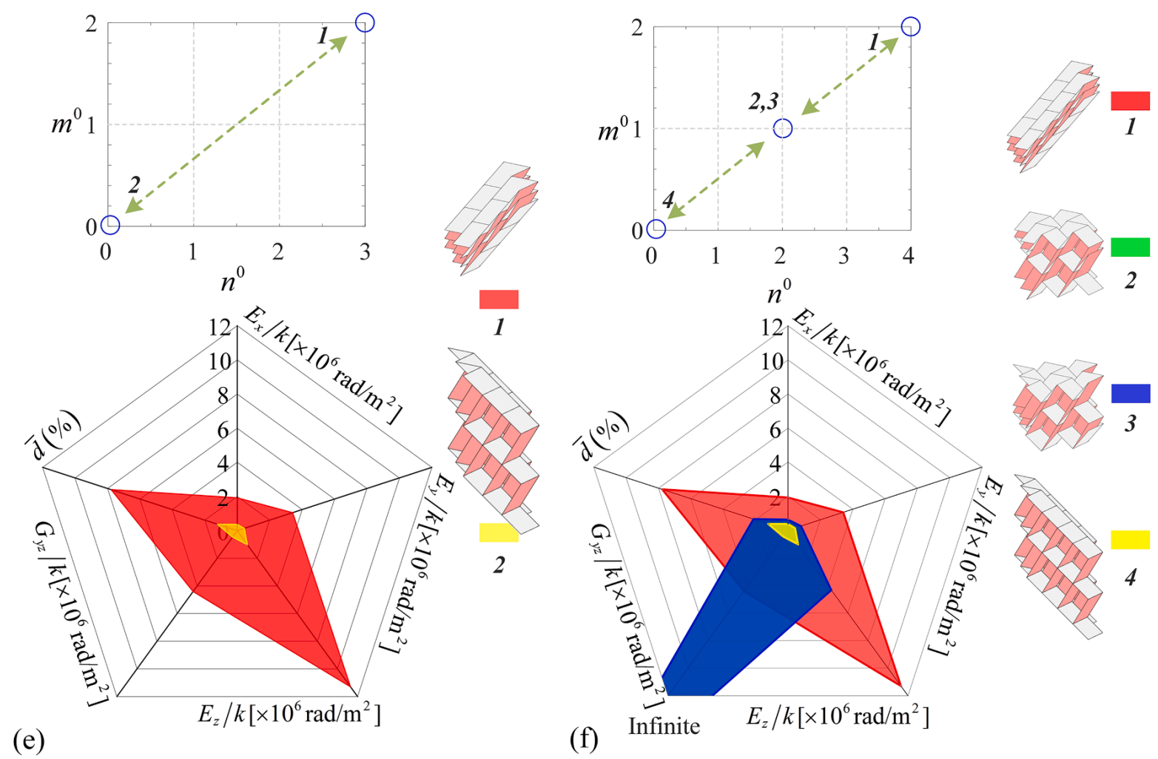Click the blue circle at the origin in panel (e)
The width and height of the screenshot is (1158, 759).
click(110, 224)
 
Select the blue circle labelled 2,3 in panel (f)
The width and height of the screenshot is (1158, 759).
click(782, 128)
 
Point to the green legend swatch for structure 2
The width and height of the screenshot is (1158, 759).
click(1130, 246)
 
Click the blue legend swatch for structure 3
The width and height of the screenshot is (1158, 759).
click(1130, 393)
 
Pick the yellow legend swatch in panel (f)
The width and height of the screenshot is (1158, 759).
click(1130, 539)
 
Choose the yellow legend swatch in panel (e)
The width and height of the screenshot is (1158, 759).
click(499, 532)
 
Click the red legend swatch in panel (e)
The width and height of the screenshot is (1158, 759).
click(499, 299)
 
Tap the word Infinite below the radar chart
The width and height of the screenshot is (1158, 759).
click(664, 726)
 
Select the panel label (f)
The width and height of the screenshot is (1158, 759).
click(585, 738)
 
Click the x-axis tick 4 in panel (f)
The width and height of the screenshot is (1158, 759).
click(909, 256)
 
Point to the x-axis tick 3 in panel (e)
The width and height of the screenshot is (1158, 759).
click(365, 252)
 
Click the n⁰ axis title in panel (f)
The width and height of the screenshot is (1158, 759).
click(778, 292)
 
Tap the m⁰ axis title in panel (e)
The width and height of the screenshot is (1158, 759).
click(66, 122)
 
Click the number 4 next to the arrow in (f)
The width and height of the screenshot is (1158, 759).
click(668, 200)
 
